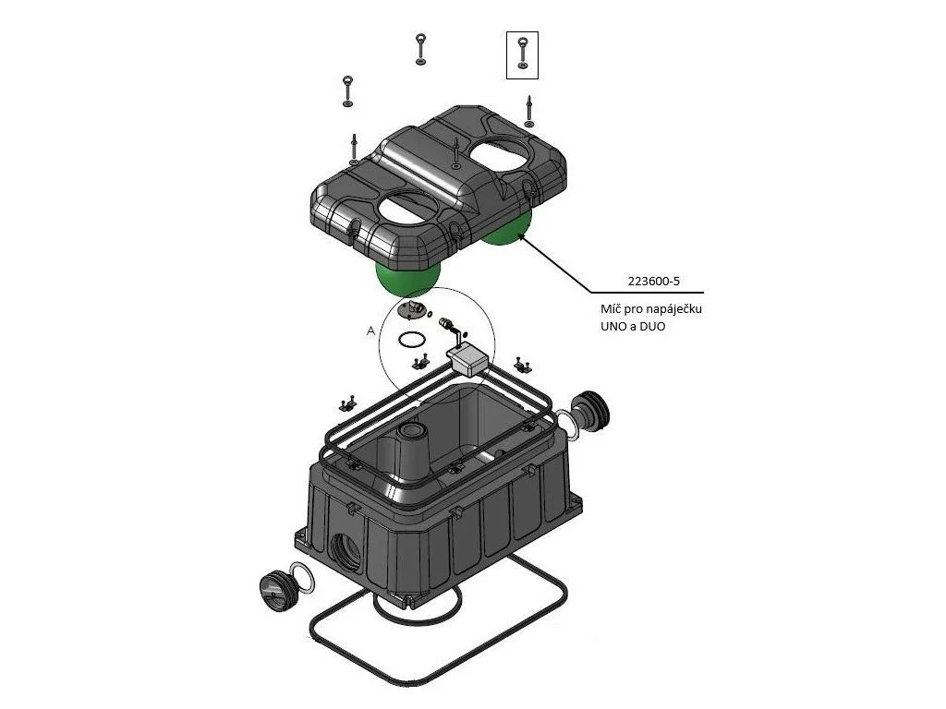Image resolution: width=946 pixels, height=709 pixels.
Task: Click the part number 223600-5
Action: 653,281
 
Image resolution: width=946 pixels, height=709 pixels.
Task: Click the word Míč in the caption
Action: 612,309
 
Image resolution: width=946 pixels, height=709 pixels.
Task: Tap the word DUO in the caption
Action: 651,326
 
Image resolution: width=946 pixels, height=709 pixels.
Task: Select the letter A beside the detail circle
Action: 370,331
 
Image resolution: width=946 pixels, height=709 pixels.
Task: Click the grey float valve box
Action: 469,361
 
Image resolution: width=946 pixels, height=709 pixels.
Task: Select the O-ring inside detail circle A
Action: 411,340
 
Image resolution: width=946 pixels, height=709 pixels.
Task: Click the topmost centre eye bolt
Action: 420,49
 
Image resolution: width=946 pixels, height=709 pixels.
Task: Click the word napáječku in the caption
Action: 673,310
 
